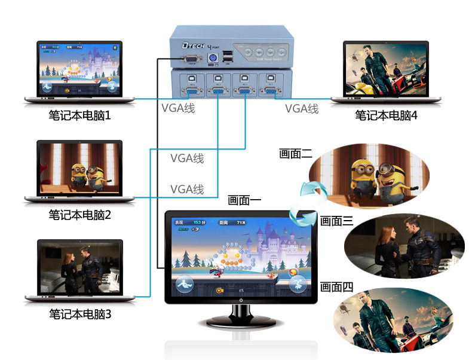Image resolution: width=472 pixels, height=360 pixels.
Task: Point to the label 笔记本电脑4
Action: (386, 115)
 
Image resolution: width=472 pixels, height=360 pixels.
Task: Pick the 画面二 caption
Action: (296, 154)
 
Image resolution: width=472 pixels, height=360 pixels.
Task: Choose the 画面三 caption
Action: (337, 221)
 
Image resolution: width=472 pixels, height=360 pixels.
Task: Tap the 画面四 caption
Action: (337, 287)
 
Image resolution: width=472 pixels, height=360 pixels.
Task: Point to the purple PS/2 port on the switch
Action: (212, 59)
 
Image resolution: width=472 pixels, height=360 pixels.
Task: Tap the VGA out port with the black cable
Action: (191, 59)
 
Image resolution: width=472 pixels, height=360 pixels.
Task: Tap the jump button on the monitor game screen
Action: (297, 282)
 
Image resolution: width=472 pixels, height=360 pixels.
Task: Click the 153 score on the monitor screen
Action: (198, 222)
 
